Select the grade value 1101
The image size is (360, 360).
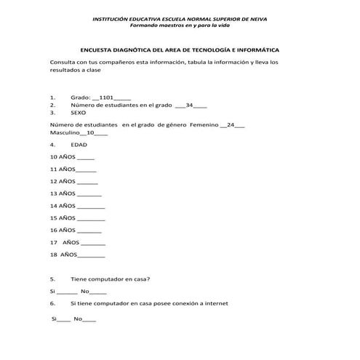[103, 96]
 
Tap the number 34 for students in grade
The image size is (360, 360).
[189, 105]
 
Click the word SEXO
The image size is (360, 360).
[78, 113]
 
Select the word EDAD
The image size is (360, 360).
[79, 145]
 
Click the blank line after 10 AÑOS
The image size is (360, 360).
[85, 158]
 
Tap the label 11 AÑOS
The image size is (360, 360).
[63, 169]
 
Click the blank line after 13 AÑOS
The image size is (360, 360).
[89, 195]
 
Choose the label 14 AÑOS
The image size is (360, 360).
[63, 206]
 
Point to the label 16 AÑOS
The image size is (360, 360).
[63, 230]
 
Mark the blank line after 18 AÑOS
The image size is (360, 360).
[92, 256]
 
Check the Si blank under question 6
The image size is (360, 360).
[64, 320]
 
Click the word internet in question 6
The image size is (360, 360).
[217, 303]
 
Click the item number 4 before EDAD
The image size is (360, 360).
[52, 145]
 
